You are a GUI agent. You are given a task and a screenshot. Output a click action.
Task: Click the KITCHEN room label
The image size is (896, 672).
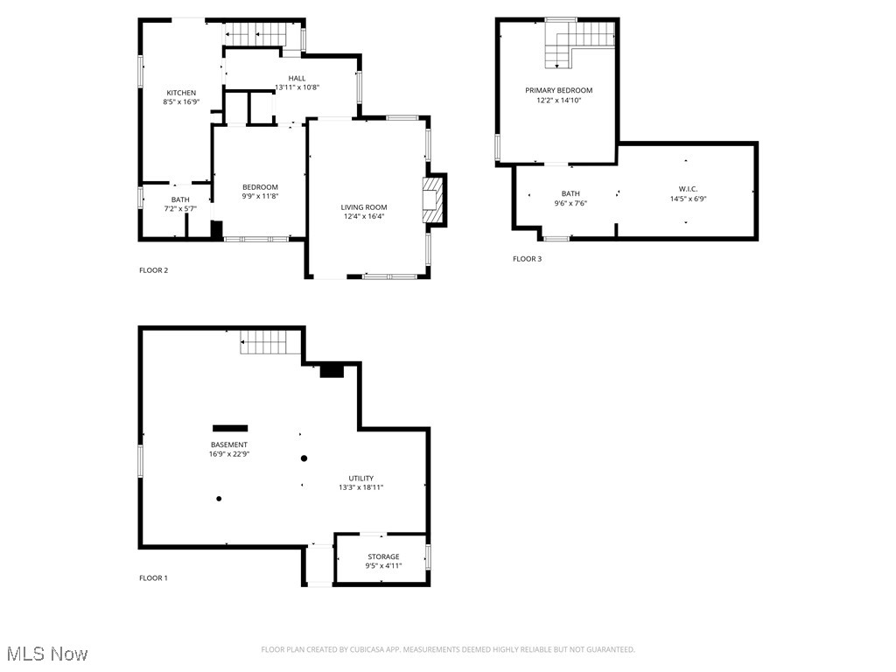[181, 93]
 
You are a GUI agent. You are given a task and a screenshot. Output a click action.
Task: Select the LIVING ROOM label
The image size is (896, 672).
[364, 207]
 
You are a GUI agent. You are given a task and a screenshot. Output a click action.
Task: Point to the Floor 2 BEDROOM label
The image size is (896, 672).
[260, 187]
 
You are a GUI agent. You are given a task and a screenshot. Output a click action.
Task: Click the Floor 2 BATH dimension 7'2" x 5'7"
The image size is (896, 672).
[180, 209]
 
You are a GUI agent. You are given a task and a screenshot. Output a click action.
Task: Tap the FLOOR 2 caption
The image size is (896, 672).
[153, 270]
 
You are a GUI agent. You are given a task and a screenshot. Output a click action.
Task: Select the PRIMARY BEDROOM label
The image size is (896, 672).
[558, 90]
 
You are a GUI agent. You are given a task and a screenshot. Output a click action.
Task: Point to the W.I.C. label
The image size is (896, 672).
[688, 189]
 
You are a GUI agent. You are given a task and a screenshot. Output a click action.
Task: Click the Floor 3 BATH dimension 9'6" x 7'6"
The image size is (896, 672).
[570, 203]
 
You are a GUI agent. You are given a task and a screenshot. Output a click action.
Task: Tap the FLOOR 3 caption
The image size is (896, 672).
[527, 259]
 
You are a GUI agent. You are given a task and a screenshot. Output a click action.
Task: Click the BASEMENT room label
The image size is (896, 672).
[228, 444]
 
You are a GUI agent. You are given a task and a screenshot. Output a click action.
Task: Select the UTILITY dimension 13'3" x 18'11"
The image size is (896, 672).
[361, 487]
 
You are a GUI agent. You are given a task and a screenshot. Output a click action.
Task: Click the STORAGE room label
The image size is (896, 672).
[383, 556]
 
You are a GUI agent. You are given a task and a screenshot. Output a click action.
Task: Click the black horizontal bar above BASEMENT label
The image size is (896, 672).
[230, 428]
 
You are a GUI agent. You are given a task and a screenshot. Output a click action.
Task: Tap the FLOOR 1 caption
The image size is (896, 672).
[153, 578]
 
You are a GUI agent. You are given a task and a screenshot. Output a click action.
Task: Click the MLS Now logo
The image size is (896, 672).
[47, 654]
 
